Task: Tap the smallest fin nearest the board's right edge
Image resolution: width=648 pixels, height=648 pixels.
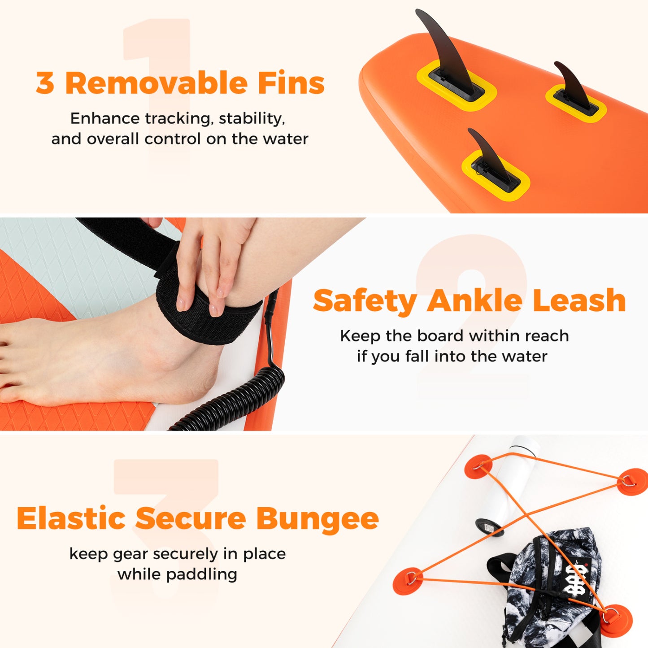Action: point(572,86)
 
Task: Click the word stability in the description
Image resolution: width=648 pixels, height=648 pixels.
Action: point(252,119)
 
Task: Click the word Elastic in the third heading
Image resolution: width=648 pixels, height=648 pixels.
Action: point(71,518)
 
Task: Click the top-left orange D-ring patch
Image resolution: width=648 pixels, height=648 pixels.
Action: point(478,467)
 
